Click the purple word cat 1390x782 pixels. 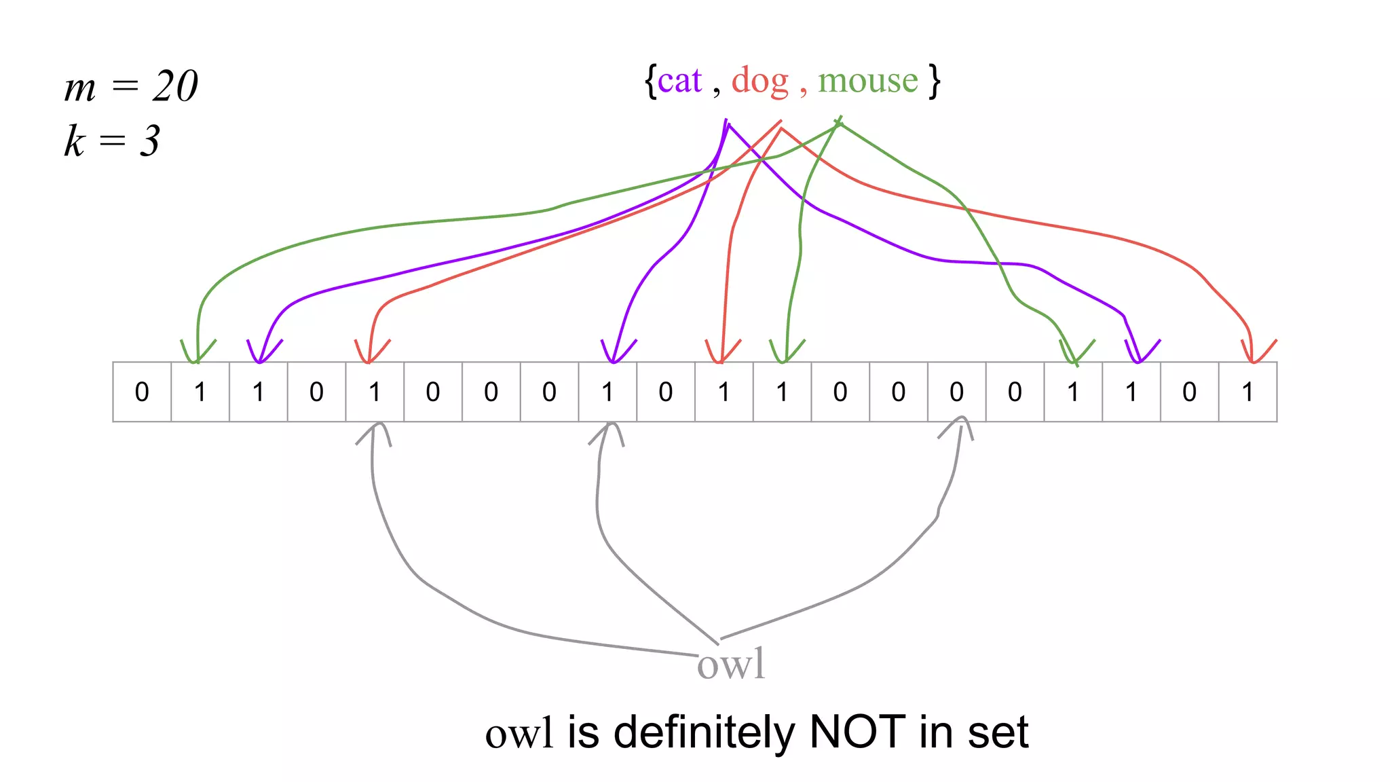pyautogui.click(x=679, y=81)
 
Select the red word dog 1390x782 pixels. pyautogui.click(x=760, y=82)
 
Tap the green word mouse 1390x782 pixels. pyautogui.click(x=867, y=81)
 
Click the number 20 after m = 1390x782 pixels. pyautogui.click(x=175, y=86)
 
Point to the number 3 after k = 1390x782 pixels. pyautogui.click(x=150, y=141)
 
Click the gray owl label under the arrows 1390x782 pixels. pyautogui.click(x=731, y=664)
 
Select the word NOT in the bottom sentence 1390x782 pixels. pyautogui.click(x=857, y=732)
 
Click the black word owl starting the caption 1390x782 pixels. pyautogui.click(x=519, y=734)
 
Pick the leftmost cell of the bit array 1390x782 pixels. pyautogui.click(x=142, y=392)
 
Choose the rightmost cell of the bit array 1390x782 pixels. pyautogui.click(x=1247, y=392)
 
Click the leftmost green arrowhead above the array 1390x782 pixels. pyautogui.click(x=198, y=354)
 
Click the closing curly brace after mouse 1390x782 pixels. pyautogui.click(x=935, y=81)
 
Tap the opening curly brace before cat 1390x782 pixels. pyautogui.click(x=650, y=81)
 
